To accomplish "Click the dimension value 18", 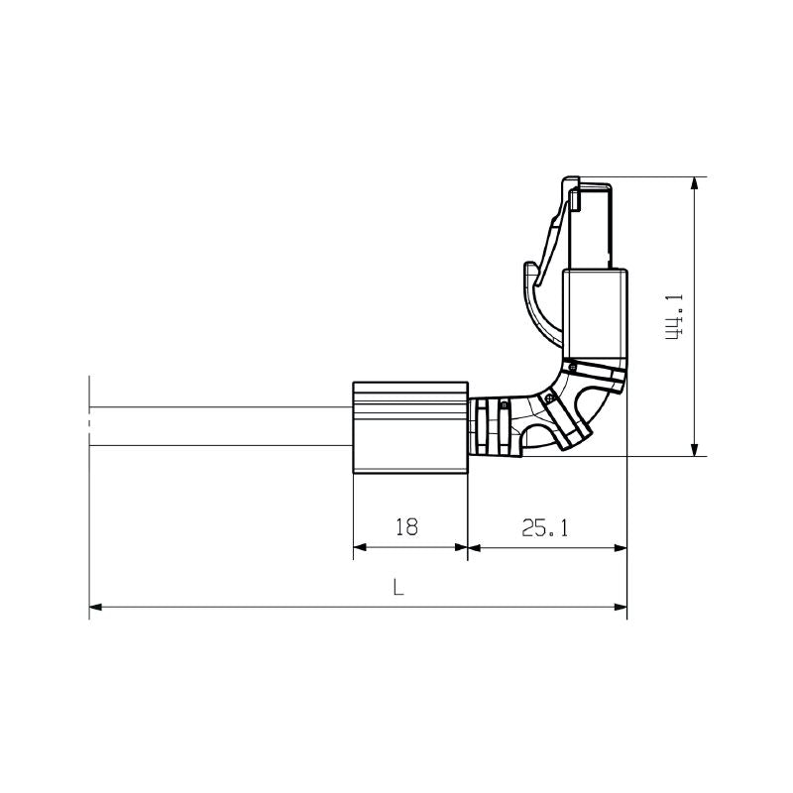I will tap(405, 527).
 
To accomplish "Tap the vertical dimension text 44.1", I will tap(674, 316).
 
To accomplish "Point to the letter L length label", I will tap(397, 587).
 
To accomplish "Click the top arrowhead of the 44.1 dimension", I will tap(695, 184).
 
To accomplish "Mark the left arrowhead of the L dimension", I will tap(96, 607).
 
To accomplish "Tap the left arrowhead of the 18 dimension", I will tap(360, 546).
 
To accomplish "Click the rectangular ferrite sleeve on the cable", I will tap(409, 428).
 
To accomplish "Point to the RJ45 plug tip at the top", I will tap(593, 223).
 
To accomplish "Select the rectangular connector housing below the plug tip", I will tap(595, 313).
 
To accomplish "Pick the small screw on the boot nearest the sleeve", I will tap(505, 404).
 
